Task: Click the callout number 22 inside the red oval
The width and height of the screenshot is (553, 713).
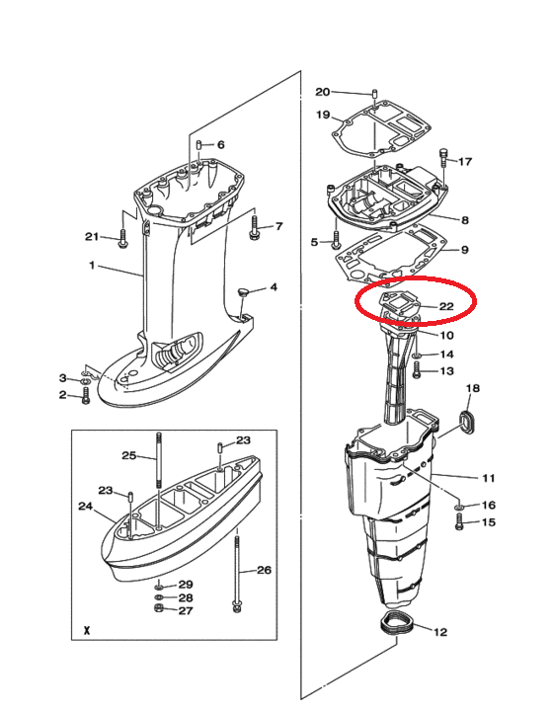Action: click(446, 306)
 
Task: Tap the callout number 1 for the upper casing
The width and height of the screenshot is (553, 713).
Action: click(92, 265)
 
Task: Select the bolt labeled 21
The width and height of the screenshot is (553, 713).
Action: click(121, 239)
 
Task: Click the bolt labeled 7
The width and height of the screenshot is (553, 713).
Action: click(254, 227)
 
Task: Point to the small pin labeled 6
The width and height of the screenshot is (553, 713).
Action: click(198, 145)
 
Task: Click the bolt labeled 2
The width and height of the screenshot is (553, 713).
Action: click(86, 395)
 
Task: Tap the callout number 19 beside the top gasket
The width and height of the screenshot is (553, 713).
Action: click(323, 115)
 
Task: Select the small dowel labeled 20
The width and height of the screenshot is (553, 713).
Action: click(374, 94)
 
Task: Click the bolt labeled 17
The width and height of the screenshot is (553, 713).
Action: click(443, 157)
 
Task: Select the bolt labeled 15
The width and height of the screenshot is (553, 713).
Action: click(458, 521)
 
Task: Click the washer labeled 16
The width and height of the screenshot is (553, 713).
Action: click(458, 507)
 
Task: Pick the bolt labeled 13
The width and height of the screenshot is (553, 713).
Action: click(417, 370)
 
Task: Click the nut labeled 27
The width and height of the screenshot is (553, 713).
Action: click(159, 609)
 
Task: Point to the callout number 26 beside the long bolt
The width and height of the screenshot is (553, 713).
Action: click(264, 570)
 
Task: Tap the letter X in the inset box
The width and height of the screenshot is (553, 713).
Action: click(87, 631)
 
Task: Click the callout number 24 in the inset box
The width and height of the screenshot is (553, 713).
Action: click(86, 506)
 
